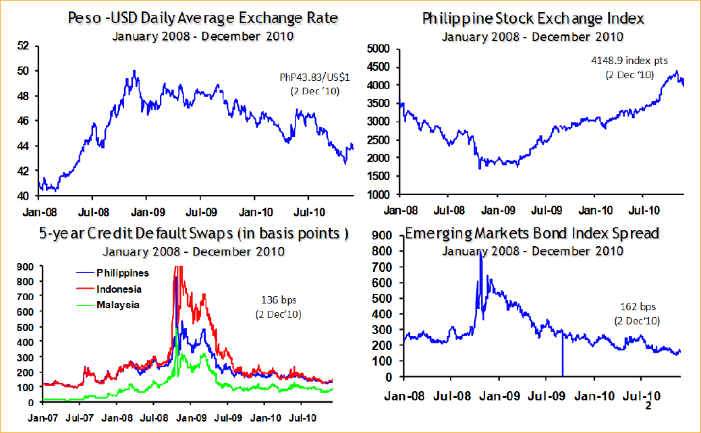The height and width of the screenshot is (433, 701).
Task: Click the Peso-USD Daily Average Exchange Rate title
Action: [202, 18]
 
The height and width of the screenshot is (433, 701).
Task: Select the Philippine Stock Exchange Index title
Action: [533, 18]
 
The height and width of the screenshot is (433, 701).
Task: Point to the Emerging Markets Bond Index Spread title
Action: [532, 234]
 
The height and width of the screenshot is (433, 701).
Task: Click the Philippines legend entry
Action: [122, 273]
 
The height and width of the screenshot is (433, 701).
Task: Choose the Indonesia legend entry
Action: [119, 289]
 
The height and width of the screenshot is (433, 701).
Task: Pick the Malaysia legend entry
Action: [117, 304]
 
